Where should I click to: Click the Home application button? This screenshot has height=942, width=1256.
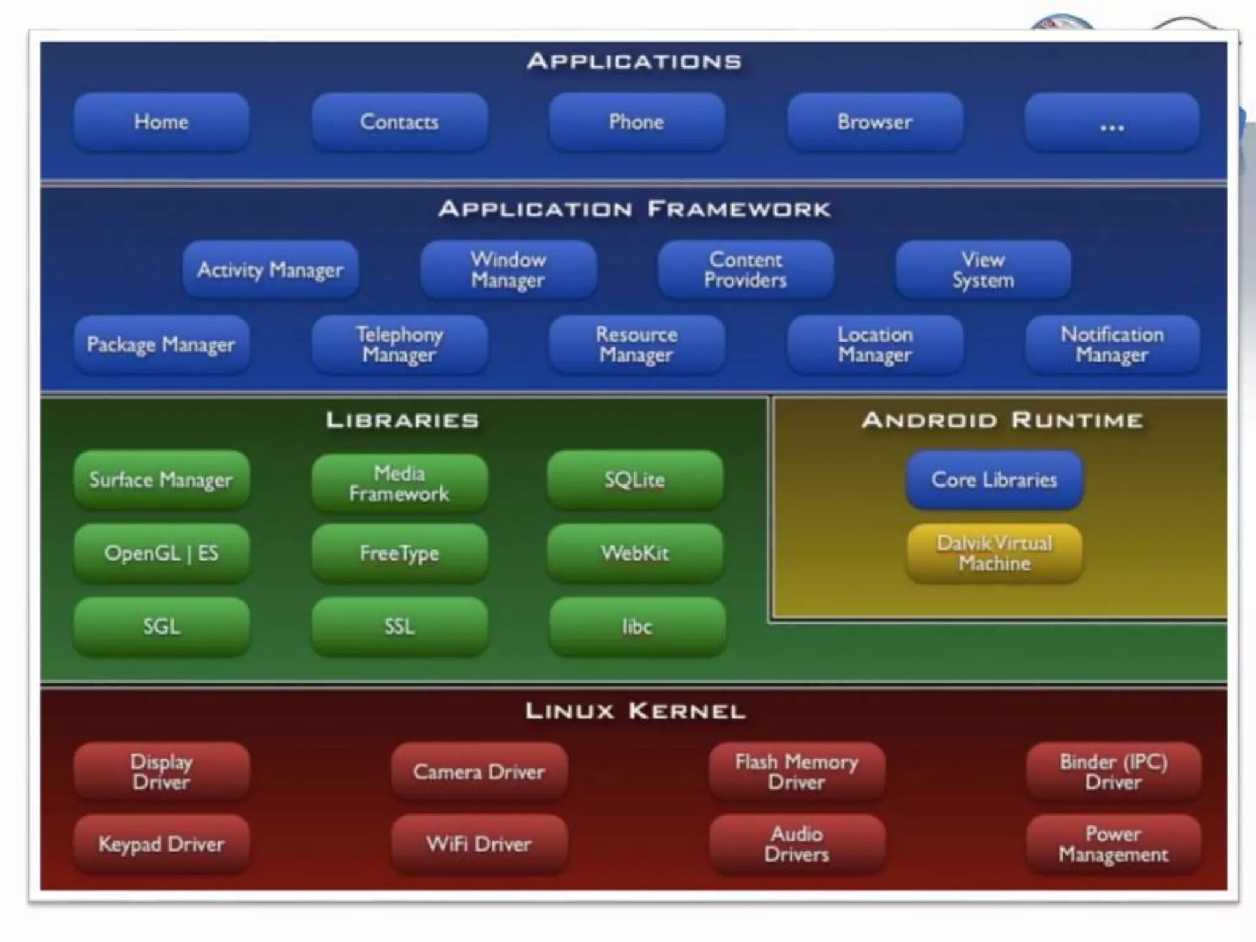click(x=161, y=122)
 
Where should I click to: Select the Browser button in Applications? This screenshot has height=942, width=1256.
click(x=875, y=122)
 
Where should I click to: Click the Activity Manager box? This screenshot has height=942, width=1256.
click(x=270, y=270)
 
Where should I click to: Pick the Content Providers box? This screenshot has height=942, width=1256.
click(x=745, y=270)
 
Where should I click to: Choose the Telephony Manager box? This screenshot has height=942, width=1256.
click(x=399, y=344)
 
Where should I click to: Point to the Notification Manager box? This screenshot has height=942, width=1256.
click(x=1112, y=344)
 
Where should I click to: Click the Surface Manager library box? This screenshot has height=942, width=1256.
click(x=161, y=480)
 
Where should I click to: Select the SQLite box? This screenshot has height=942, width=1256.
click(x=635, y=480)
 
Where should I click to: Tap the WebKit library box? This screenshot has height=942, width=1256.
click(x=635, y=553)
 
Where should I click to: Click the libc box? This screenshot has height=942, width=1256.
click(x=637, y=627)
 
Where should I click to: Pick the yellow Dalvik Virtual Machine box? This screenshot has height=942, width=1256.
click(x=994, y=553)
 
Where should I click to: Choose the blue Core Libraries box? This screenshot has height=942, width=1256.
click(x=994, y=480)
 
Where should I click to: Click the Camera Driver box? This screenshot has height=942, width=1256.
click(x=479, y=772)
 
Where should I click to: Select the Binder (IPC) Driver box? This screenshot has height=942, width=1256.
click(x=1113, y=772)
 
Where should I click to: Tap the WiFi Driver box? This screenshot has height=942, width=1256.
click(x=479, y=844)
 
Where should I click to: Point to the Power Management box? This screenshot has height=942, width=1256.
click(x=1113, y=844)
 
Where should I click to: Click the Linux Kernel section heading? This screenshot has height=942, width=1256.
click(x=635, y=711)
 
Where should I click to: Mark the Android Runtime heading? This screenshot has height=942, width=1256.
click(x=1002, y=421)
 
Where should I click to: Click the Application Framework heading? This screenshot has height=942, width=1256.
click(x=635, y=210)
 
